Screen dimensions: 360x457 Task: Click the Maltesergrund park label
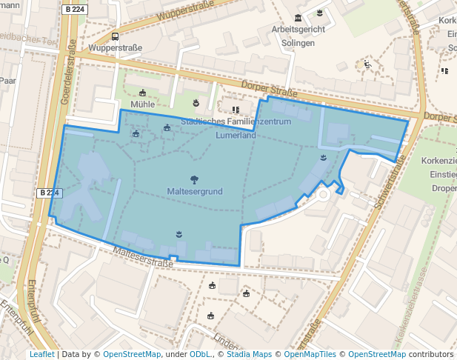[x=194, y=191]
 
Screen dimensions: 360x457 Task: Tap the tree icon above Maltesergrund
[x=194, y=179]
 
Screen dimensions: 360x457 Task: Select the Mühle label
[x=142, y=104]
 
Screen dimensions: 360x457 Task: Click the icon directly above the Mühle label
[x=143, y=93]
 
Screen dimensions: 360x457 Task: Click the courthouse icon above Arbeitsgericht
[x=298, y=18]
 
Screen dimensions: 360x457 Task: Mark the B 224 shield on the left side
[x=48, y=193]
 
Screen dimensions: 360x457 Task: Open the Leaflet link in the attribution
[x=41, y=354]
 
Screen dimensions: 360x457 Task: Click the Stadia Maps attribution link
[x=250, y=354]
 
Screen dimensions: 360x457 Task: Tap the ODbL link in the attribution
[x=201, y=354]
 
